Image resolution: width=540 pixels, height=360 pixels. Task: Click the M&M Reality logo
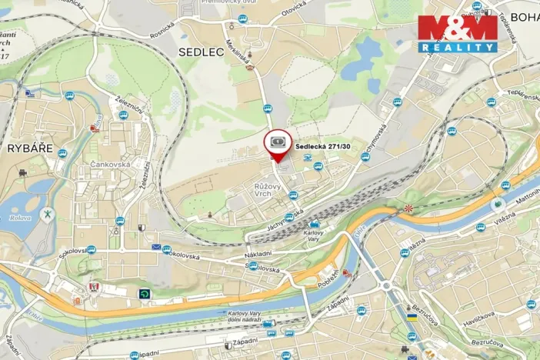457,33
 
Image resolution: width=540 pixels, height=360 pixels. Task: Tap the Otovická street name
294,8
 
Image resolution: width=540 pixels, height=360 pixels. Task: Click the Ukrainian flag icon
412,317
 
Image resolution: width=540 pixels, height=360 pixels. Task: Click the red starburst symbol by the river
408,208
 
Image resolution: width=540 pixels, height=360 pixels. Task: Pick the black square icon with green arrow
144,293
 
